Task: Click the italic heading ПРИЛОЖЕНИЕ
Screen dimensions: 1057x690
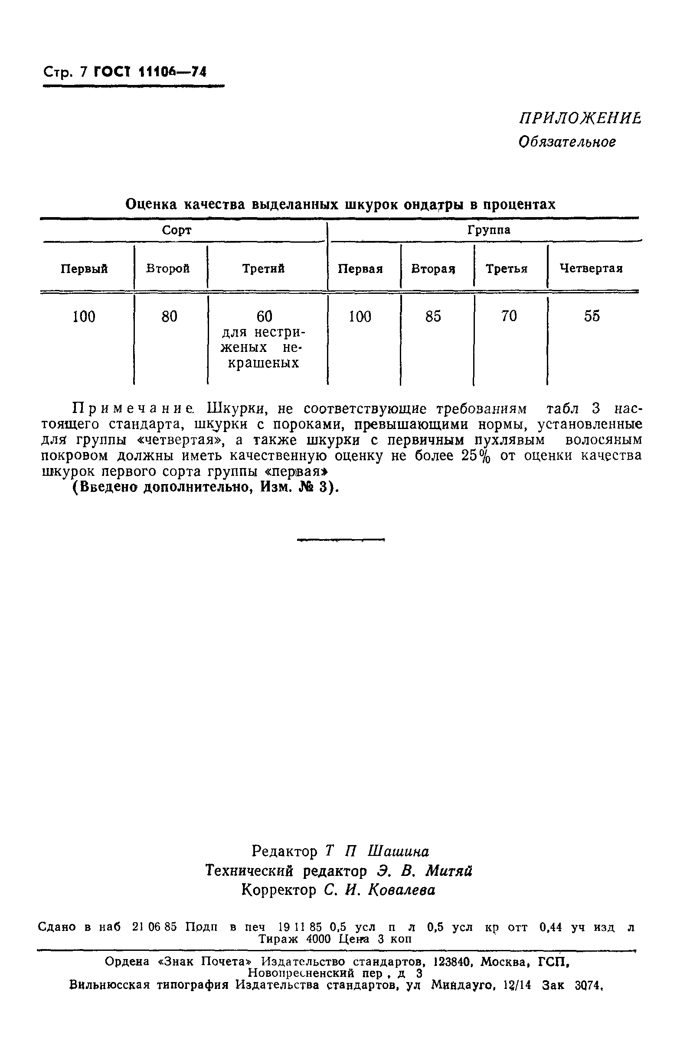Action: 580,118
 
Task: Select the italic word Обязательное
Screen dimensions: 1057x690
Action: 567,142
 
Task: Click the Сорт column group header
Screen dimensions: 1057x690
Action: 177,230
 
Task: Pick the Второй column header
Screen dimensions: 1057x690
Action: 168,269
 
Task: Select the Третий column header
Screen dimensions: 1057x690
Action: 263,269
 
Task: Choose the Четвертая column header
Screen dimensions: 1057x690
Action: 591,269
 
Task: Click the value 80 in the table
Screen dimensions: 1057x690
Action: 169,317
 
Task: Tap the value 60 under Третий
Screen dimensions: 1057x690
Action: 265,317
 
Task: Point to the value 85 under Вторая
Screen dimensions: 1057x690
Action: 433,317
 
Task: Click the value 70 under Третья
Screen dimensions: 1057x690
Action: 509,316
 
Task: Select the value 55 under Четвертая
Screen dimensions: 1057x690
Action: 592,316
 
